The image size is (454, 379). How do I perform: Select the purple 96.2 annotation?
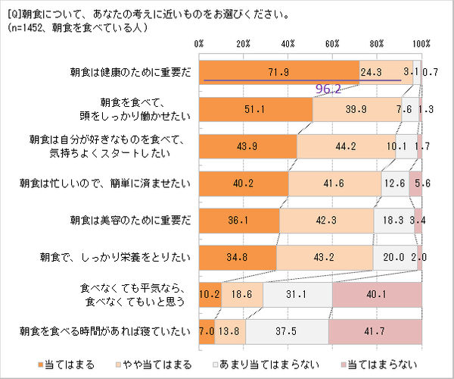328,89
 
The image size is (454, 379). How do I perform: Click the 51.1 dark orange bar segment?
256,109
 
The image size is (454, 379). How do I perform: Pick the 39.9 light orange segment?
357,109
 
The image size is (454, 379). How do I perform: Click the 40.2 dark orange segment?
244,183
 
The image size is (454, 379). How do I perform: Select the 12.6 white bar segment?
395,183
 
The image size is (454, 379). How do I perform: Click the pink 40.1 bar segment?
376,294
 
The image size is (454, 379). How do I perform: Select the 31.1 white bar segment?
297,294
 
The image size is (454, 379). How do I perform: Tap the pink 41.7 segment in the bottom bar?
375,331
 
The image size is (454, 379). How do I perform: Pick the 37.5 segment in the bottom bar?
287,331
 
